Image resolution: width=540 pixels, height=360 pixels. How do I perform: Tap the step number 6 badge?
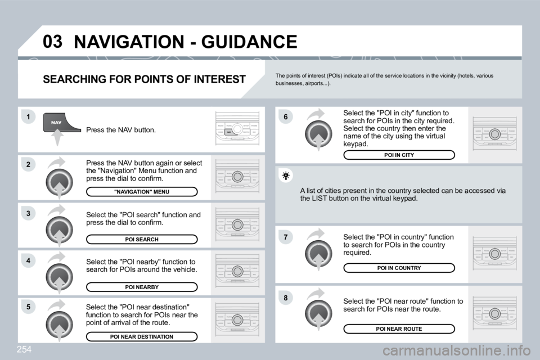pos(286,116)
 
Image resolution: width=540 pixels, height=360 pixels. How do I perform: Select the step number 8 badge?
pos(286,296)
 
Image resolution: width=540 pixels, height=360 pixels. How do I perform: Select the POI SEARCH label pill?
pos(142,239)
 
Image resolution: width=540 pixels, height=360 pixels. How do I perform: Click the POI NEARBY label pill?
pos(142,287)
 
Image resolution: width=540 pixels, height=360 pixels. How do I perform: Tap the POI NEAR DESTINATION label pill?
pos(142,336)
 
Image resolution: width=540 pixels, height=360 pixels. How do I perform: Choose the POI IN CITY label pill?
pos(399,155)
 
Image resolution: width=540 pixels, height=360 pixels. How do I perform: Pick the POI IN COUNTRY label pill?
pos(399,268)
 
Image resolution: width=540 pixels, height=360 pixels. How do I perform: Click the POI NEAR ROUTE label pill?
pos(399,328)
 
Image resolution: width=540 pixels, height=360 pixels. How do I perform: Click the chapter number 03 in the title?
pos(52,42)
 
